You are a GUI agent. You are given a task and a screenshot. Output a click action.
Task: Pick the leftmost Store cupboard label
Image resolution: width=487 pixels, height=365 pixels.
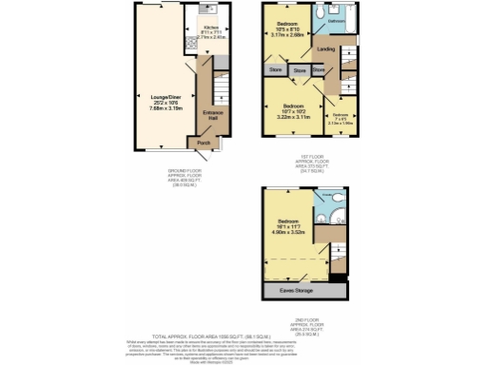pos(276,69)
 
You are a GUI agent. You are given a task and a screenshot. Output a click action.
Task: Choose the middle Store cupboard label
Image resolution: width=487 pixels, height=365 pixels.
pos(300,70)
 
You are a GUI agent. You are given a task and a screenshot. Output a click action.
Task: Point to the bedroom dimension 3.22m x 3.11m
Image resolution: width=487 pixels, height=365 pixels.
pos(292,115)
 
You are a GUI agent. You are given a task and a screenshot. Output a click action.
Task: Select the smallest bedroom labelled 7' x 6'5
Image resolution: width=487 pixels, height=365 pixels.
pos(340,120)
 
